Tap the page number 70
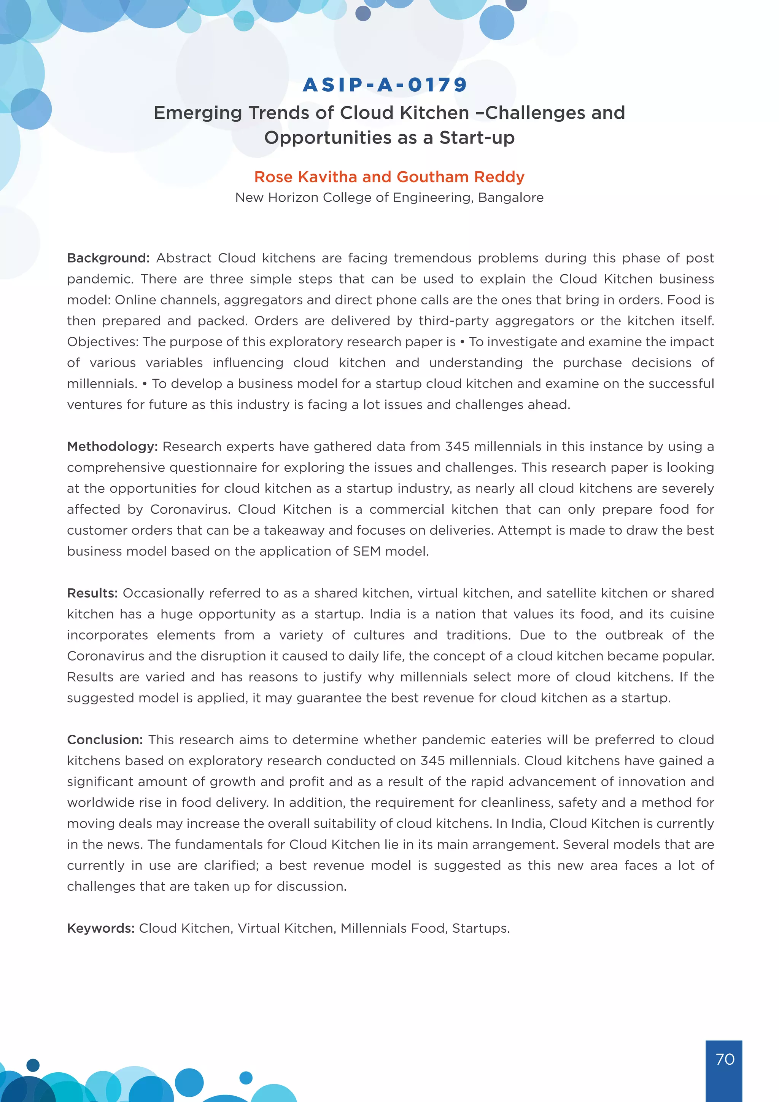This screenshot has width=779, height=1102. [x=725, y=1059]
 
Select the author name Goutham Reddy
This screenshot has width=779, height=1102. [x=461, y=177]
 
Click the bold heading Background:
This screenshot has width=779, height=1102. [x=108, y=258]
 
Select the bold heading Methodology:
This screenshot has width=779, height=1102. [x=112, y=447]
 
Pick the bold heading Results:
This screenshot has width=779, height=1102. [x=92, y=593]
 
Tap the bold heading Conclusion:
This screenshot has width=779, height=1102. [x=105, y=740]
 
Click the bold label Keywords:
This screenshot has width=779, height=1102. [x=100, y=928]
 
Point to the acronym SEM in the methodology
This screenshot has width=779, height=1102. [x=367, y=551]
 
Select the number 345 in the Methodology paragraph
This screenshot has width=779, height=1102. [x=457, y=447]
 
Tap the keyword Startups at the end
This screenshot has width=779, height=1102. [x=480, y=928]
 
